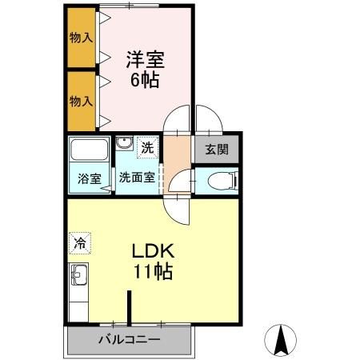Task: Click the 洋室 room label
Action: click(x=143, y=58)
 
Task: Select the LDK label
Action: click(x=152, y=250)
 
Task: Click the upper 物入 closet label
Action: click(x=81, y=37)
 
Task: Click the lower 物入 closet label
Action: click(x=81, y=101)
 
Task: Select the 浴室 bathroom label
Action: click(x=87, y=178)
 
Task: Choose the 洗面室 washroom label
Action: click(x=137, y=178)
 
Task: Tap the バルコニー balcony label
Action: click(x=128, y=339)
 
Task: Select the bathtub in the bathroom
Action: click(x=89, y=150)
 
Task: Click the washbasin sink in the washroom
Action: click(x=124, y=144)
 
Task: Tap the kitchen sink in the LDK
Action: click(x=79, y=279)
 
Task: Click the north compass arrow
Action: click(x=282, y=342)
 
